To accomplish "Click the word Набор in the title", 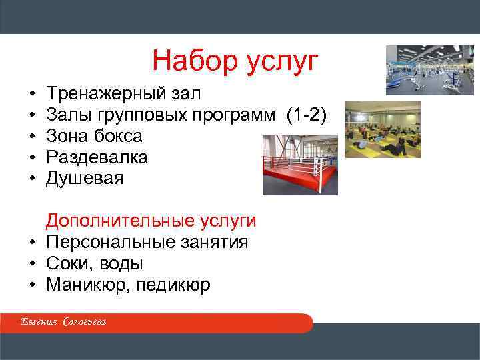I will click(x=189, y=61).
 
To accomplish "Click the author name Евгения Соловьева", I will click(x=63, y=323).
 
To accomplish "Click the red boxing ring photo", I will click(x=300, y=165).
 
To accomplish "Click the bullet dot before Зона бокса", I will click(x=32, y=137).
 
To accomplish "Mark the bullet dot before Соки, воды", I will click(x=32, y=264).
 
